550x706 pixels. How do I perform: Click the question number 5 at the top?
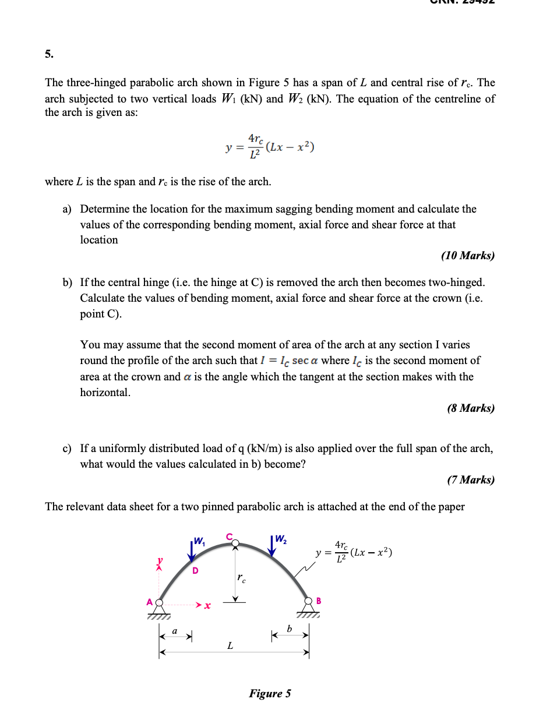point(48,55)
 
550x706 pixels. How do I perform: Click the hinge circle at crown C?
point(235,543)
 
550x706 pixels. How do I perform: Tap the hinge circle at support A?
point(159,602)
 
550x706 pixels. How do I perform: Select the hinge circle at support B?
point(308,601)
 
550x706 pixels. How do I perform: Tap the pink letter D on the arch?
point(195,570)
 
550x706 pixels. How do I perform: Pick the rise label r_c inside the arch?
point(241,578)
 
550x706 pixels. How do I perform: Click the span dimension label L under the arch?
point(230,645)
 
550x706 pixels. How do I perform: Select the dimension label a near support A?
point(174,630)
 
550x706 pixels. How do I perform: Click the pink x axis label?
point(207,606)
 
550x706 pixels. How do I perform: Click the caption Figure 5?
point(270,693)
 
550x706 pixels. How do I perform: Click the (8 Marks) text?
point(471,408)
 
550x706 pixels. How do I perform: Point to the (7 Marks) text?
point(471,479)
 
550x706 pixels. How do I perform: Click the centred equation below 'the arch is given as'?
point(270,147)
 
